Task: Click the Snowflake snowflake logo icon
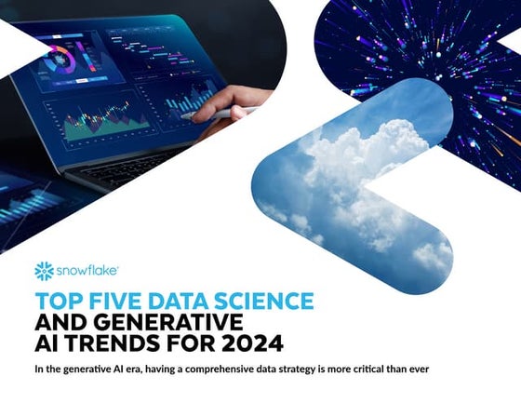pos(43,271)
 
